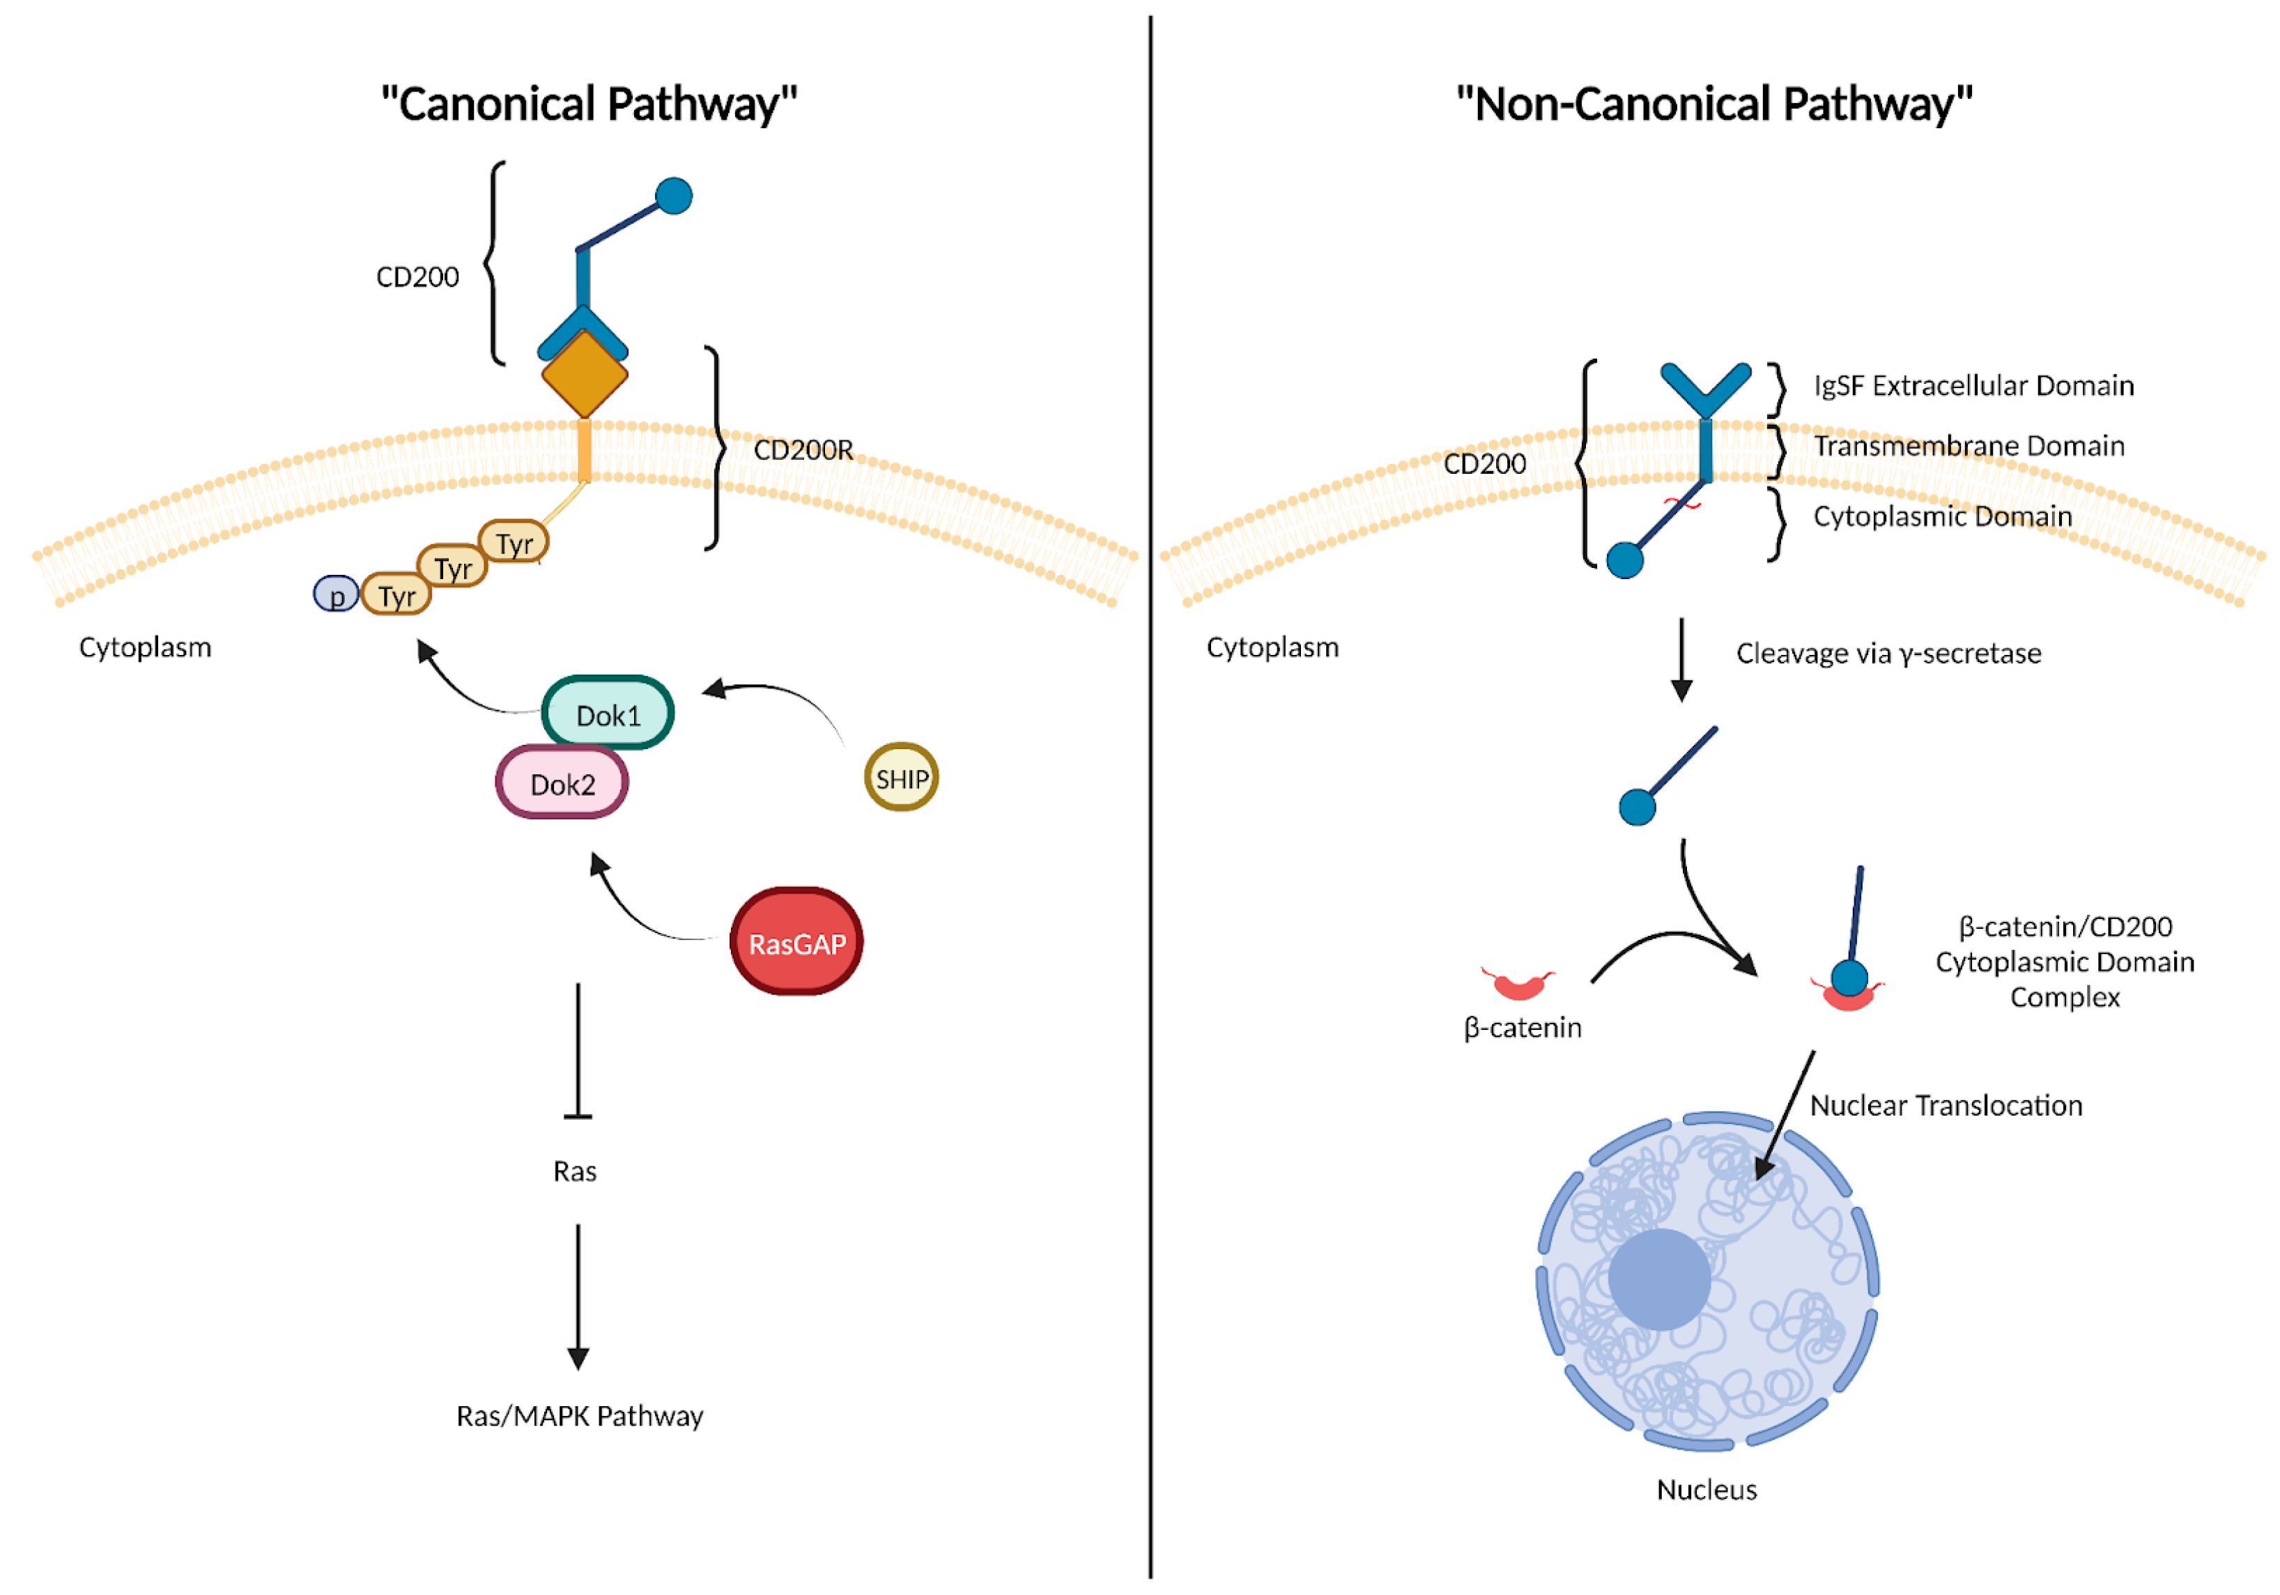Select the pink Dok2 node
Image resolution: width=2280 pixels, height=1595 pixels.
(x=562, y=784)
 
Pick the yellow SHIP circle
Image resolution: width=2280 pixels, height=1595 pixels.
(x=902, y=778)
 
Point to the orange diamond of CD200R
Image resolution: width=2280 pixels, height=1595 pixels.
(x=584, y=374)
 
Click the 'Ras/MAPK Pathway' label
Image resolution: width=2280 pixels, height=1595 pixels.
(x=579, y=1415)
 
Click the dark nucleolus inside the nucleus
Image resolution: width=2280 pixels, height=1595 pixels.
(x=1658, y=1279)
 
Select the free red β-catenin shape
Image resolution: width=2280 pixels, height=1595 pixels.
(x=1518, y=984)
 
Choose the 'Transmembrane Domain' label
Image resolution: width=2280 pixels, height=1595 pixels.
(x=1969, y=446)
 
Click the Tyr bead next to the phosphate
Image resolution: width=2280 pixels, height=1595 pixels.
(x=396, y=596)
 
